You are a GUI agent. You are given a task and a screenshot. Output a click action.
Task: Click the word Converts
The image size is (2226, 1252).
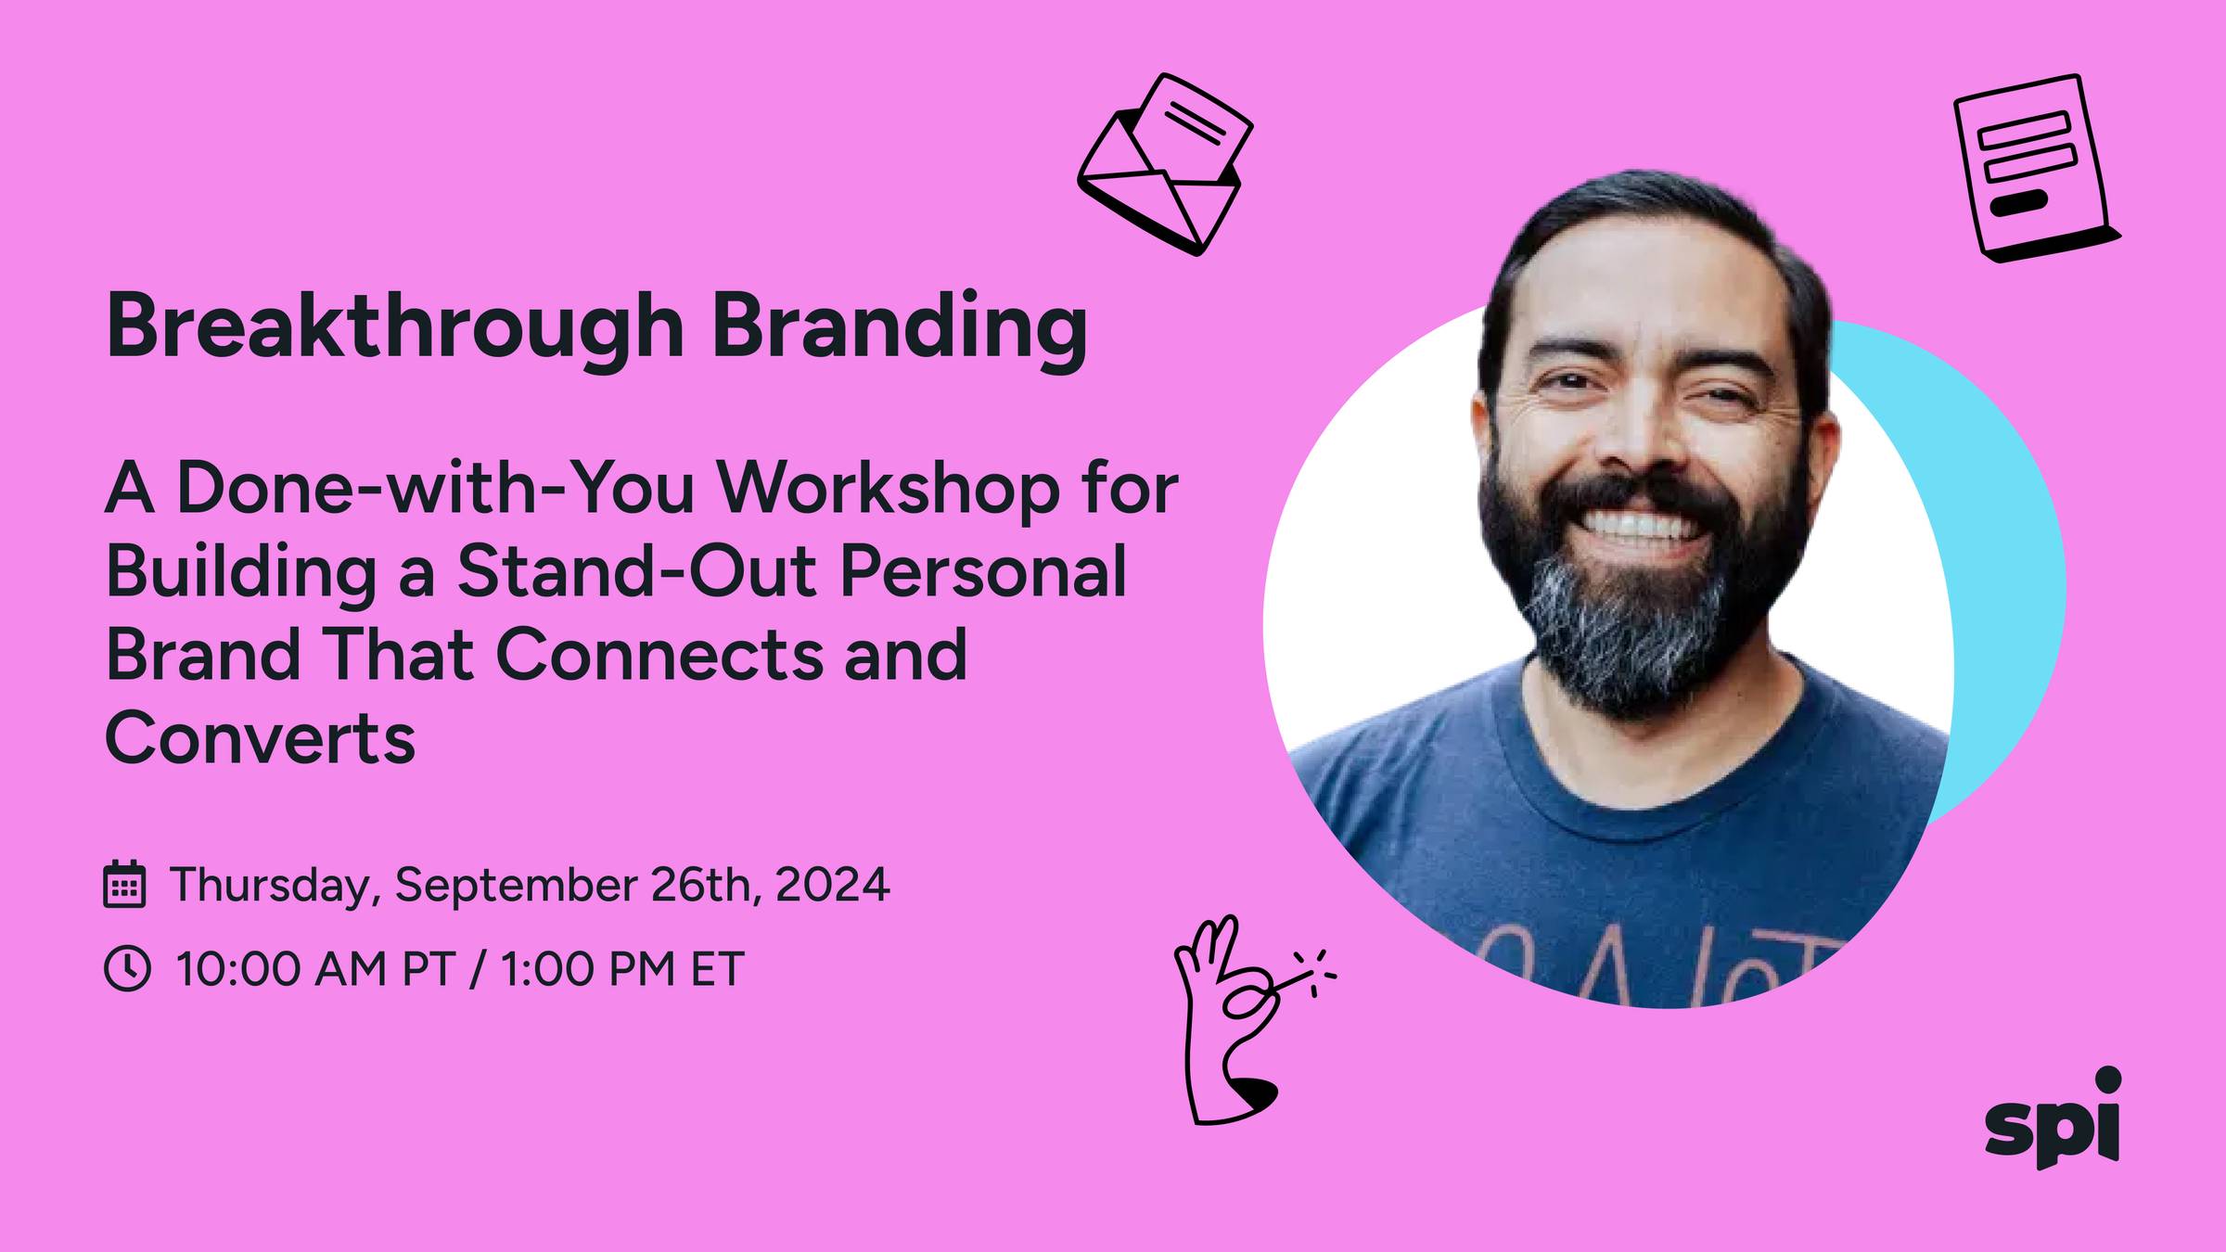(x=261, y=737)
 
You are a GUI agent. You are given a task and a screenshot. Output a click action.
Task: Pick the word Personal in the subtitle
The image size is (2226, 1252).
(x=983, y=572)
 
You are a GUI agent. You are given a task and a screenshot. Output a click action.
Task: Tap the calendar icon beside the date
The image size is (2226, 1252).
(x=123, y=884)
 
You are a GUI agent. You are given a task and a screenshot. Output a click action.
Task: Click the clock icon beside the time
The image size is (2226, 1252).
(x=126, y=968)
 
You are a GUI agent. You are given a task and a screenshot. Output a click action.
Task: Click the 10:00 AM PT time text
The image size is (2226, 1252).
(x=314, y=969)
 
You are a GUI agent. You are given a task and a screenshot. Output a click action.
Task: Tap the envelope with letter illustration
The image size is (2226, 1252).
(x=1165, y=164)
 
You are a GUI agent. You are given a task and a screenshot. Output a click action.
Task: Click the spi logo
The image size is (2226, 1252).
(x=2053, y=1118)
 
